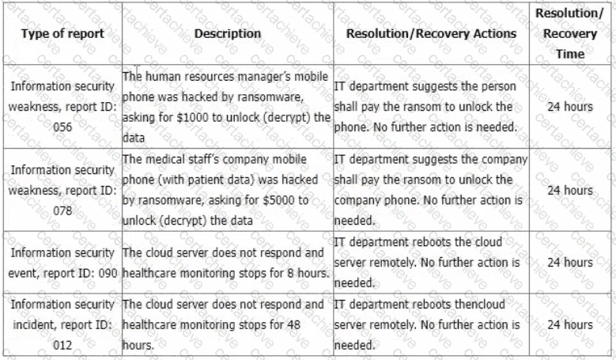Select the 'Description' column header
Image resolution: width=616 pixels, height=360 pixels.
click(227, 34)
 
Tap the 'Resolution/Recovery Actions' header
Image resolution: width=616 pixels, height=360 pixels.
click(431, 34)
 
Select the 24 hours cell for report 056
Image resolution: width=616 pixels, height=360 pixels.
click(570, 106)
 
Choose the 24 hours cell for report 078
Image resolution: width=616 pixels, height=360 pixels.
click(570, 190)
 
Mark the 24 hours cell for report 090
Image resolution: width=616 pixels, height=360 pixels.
click(570, 262)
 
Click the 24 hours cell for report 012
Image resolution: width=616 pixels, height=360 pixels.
click(570, 324)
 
